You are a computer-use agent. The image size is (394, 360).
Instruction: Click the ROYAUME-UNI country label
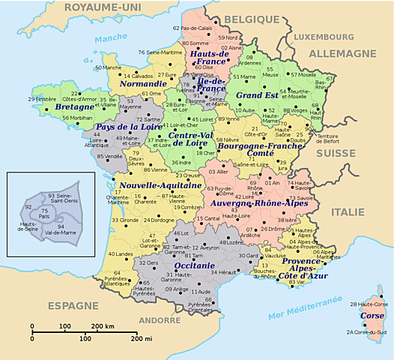102,7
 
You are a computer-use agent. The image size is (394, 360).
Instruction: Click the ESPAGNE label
73,305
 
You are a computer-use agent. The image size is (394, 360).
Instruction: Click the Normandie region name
144,83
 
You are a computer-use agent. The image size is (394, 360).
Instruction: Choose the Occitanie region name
174,266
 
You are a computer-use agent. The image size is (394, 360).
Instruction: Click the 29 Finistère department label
42,99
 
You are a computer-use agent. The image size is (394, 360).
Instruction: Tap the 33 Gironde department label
125,220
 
